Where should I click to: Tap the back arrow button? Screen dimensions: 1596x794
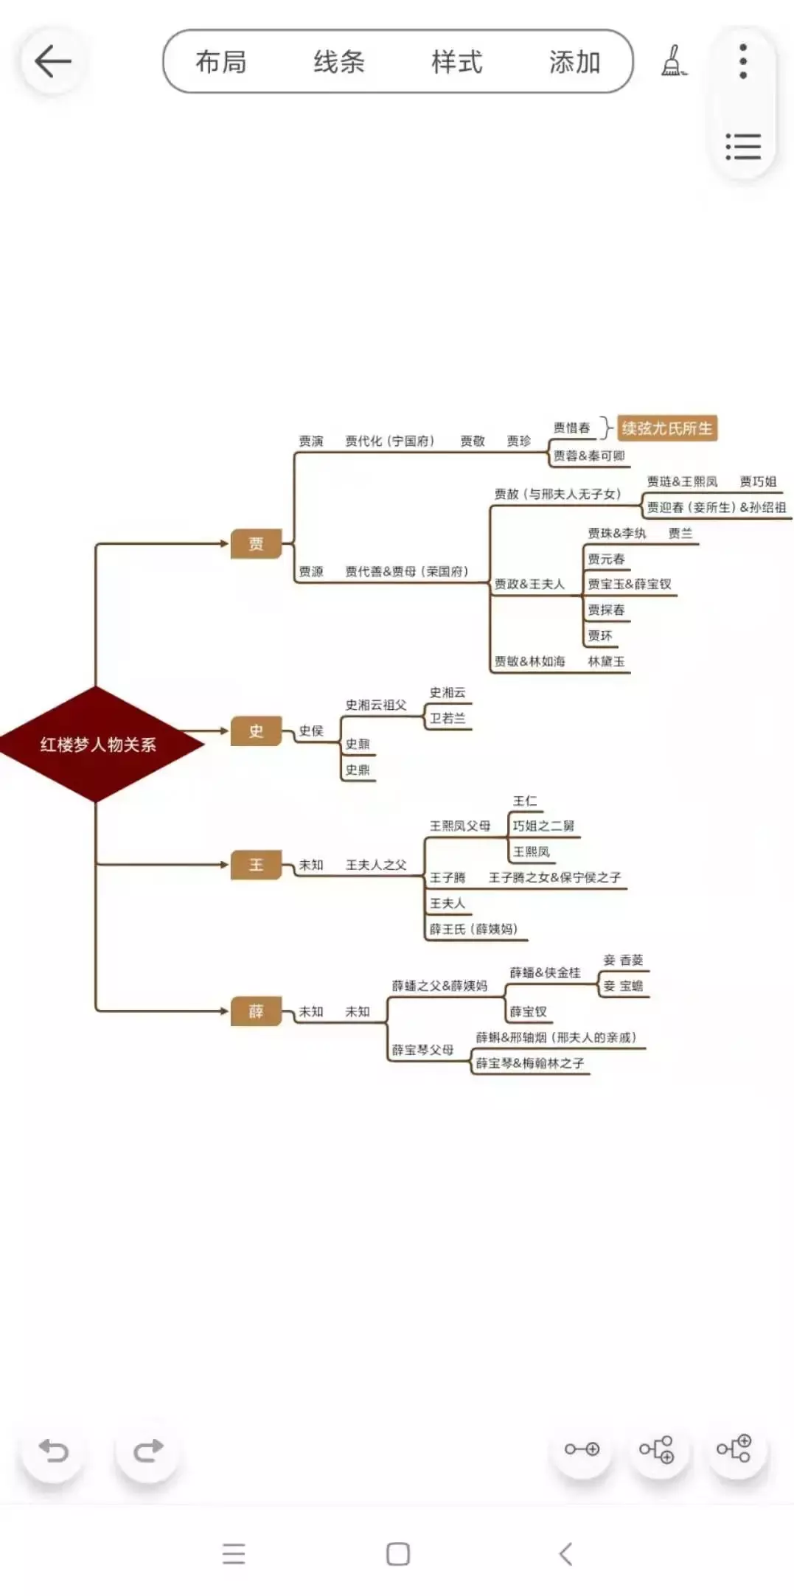52,61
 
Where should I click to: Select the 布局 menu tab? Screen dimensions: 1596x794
221,62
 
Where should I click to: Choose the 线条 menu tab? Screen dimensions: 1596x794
339,62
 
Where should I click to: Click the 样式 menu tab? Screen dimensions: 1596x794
457,62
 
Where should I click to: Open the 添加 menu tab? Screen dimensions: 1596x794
574,62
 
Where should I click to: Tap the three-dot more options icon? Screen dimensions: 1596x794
743,61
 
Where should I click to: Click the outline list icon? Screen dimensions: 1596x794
743,147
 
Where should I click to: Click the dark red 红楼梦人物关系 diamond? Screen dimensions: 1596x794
98,744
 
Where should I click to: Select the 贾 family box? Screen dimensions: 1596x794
256,544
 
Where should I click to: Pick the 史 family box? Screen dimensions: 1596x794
256,731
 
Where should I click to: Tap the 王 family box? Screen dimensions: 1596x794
256,865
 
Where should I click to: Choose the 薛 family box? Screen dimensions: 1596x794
256,1011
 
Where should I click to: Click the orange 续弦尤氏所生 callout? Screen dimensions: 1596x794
667,428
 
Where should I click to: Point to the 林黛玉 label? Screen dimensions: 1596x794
606,661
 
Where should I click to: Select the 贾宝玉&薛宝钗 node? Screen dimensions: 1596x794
630,584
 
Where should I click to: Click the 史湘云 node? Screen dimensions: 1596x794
448,692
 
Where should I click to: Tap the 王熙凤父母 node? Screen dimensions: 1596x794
460,826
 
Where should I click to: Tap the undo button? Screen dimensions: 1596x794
53,1450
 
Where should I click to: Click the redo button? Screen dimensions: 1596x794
147,1450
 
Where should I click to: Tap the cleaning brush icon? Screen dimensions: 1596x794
673,61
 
